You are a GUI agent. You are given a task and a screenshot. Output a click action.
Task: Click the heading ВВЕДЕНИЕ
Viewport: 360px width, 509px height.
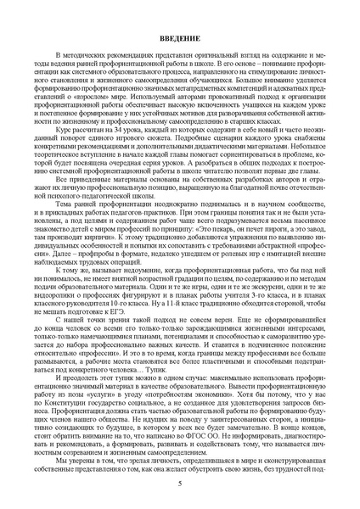point(180,41)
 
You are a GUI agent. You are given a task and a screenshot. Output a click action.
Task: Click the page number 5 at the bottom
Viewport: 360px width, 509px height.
point(180,484)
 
